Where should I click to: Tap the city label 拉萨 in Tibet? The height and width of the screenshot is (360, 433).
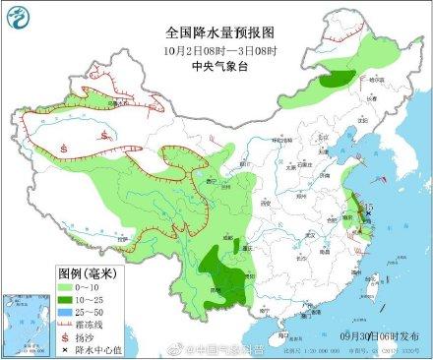[123, 239]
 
